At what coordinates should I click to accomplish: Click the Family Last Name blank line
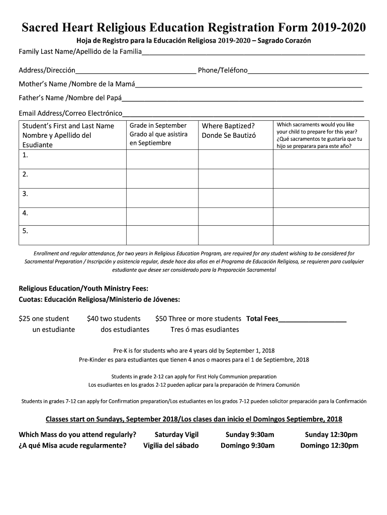(253, 52)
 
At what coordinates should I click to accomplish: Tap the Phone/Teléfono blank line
(308, 70)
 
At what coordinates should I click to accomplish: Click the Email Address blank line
(243, 113)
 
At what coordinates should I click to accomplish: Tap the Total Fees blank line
(312, 319)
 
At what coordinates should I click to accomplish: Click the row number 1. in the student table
(26, 155)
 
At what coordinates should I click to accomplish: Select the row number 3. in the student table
(26, 194)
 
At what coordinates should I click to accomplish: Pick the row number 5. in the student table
(26, 231)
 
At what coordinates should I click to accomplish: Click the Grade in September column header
(158, 134)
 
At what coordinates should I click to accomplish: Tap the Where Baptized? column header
(229, 131)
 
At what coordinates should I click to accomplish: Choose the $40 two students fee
(114, 319)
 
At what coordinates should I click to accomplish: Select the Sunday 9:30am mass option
(250, 435)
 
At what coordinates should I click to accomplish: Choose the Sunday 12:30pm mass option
(331, 435)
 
